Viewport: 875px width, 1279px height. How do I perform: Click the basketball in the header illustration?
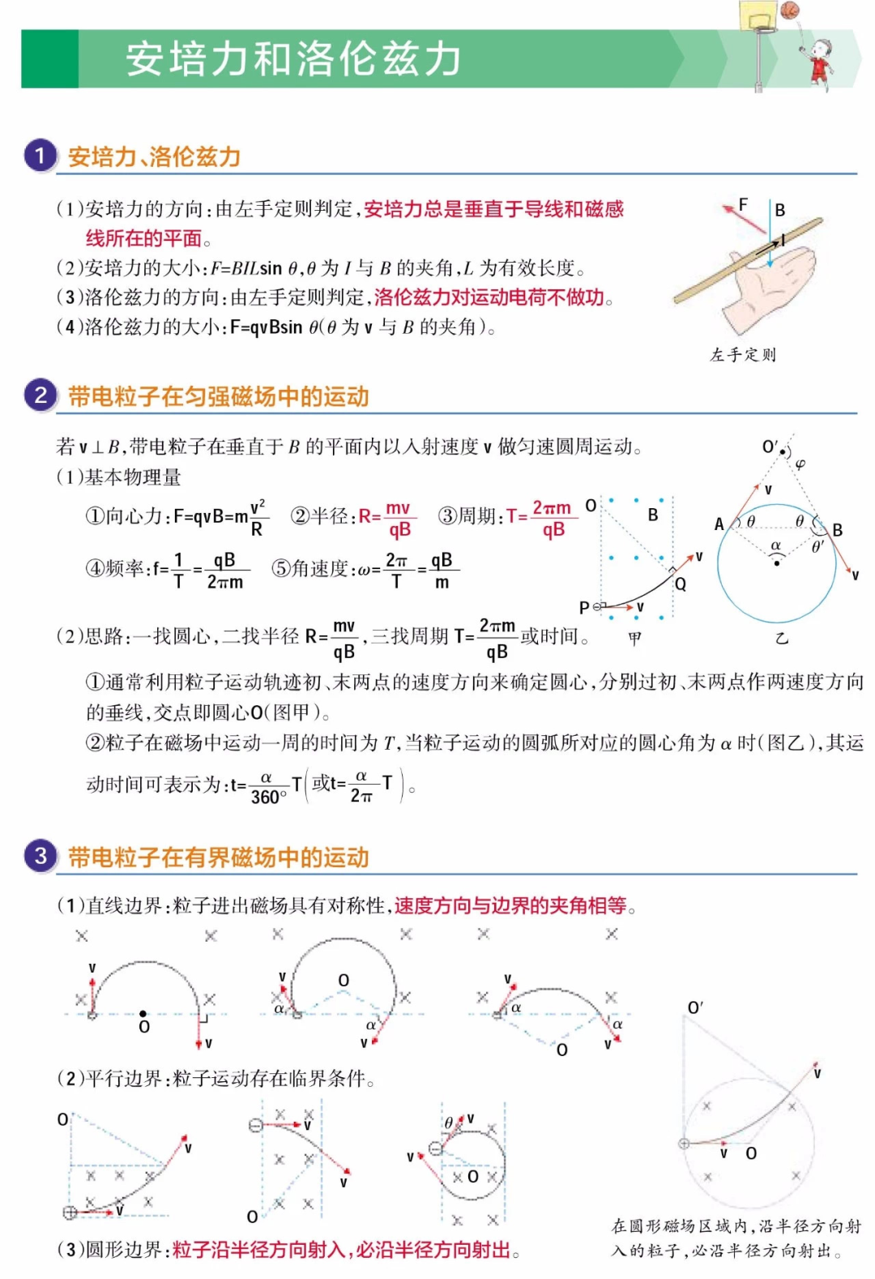tap(790, 10)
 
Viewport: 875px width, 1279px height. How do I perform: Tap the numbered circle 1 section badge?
tap(40, 155)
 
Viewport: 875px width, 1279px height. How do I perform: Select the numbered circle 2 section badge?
tap(40, 396)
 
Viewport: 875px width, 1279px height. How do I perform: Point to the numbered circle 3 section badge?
tap(40, 856)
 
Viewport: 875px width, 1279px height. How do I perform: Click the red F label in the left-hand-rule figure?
tap(743, 204)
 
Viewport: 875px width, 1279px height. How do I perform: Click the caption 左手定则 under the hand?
tap(743, 355)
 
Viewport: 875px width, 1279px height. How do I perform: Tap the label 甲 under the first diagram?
tap(634, 639)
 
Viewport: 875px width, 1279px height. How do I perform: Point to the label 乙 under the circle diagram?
tap(781, 639)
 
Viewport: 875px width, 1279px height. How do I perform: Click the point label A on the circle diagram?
tap(719, 524)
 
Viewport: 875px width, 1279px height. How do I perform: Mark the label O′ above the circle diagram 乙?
tap(770, 447)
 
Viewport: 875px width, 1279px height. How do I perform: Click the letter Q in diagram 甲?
tap(681, 584)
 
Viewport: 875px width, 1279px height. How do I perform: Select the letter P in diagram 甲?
tap(584, 607)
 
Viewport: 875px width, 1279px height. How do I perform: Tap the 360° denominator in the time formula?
tap(268, 797)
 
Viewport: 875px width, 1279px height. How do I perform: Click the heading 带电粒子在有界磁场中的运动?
tap(219, 858)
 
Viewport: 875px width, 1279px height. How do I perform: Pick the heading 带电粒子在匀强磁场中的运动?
tap(219, 397)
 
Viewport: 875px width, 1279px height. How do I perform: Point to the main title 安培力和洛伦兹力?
tap(293, 59)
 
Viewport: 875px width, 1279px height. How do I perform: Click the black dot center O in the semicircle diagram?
tap(143, 1013)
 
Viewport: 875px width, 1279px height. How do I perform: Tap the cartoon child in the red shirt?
tap(821, 61)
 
